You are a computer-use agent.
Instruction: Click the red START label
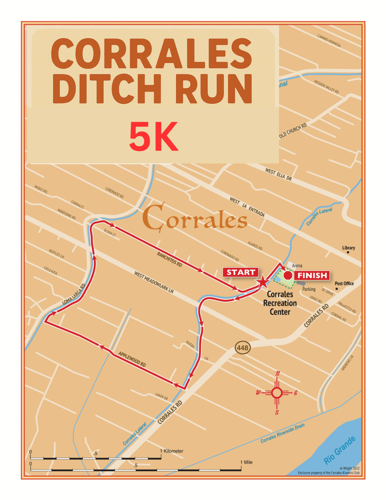click(x=241, y=273)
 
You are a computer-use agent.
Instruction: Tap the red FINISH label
click(x=312, y=275)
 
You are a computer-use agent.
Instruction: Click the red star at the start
click(x=263, y=281)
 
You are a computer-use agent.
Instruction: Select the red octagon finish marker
click(x=288, y=275)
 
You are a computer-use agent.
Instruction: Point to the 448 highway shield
click(x=242, y=348)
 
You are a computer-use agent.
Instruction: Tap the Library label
click(x=348, y=248)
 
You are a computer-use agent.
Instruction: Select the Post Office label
click(x=344, y=284)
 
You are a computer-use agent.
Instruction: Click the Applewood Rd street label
click(x=132, y=359)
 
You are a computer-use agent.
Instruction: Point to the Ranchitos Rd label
click(x=169, y=259)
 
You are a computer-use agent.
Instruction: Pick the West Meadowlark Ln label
click(x=154, y=282)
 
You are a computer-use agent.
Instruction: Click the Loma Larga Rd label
click(x=74, y=294)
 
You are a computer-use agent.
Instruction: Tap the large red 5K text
click(x=154, y=137)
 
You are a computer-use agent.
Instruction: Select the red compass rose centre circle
click(x=277, y=393)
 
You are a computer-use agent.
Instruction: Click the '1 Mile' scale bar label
click(x=246, y=462)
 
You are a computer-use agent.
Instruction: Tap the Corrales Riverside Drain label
click(x=282, y=433)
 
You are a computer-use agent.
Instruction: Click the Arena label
click(x=297, y=266)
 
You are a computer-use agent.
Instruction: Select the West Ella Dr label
click(x=278, y=174)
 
